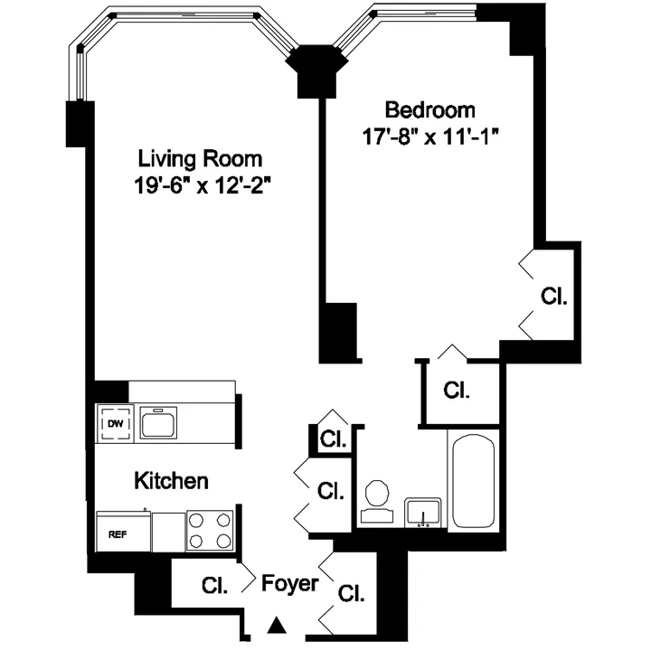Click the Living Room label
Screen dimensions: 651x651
tap(200, 159)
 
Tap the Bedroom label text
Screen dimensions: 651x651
tap(430, 110)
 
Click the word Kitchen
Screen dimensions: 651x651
tap(172, 480)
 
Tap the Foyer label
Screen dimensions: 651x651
tap(289, 583)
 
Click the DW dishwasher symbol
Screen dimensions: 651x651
tap(116, 423)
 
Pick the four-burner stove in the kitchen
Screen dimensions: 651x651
tap(210, 532)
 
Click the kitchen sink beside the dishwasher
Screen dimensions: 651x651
tap(158, 422)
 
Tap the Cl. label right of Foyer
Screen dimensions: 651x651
tap(350, 593)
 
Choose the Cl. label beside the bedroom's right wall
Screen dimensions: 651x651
tap(553, 296)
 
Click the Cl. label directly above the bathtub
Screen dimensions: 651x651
tap(458, 390)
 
